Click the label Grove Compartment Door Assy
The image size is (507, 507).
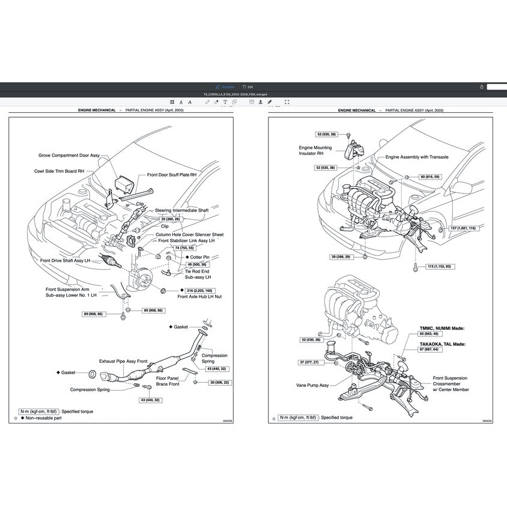68,155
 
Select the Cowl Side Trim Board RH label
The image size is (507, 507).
59,171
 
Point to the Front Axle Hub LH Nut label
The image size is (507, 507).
199,297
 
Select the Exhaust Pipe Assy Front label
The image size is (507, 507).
123,362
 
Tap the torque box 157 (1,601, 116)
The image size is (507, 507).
463,228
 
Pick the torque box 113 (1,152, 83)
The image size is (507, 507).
439,266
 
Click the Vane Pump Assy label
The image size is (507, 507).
312,385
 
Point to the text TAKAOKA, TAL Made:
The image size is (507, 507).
442,344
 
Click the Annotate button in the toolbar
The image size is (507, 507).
225,87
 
